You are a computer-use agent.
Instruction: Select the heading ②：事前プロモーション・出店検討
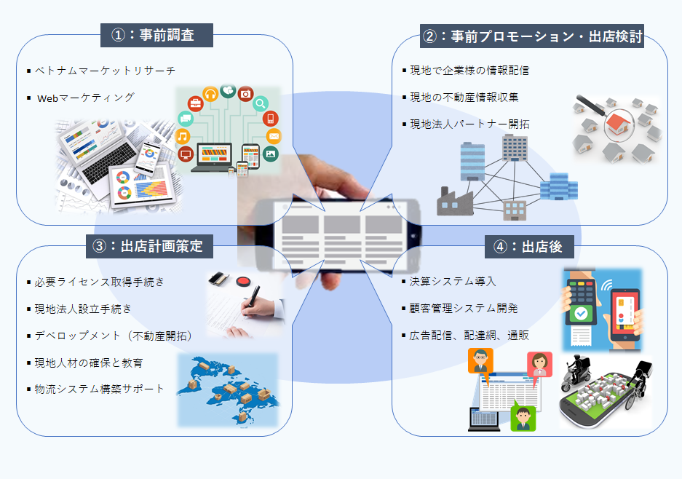[x=532, y=36]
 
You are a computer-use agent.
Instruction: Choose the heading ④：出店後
[x=528, y=247]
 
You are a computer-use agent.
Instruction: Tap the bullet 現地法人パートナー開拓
[x=469, y=124]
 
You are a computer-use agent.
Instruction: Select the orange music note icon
[x=183, y=136]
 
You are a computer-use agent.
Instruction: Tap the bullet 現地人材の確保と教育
[x=89, y=362]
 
